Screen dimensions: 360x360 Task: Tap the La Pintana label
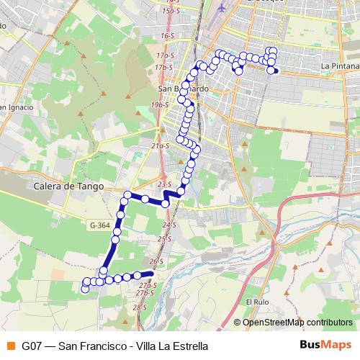coord(336,66)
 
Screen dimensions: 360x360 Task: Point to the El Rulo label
coord(256,302)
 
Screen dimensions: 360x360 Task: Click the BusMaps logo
coord(324,345)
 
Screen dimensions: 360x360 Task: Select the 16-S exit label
coord(168,35)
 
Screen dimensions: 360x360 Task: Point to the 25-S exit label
coord(165,238)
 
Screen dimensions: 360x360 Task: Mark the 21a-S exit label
coord(160,145)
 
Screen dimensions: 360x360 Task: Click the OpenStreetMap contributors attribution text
coord(297,322)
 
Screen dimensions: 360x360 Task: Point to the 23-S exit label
coord(164,184)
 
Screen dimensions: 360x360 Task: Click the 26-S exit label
coord(156,261)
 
